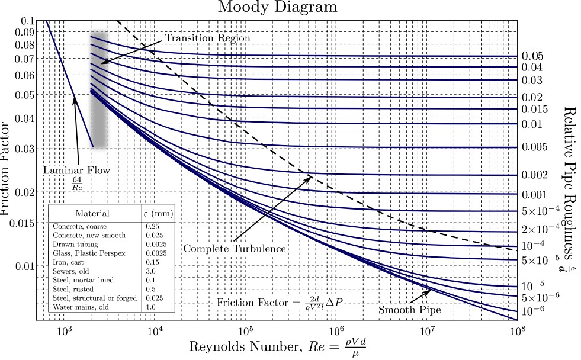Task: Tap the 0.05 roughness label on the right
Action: (x=532, y=56)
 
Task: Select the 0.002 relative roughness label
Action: (x=534, y=175)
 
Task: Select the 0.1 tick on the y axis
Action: (x=28, y=21)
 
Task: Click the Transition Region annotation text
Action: (x=207, y=38)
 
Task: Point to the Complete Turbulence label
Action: (x=234, y=249)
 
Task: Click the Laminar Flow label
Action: (x=77, y=171)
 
